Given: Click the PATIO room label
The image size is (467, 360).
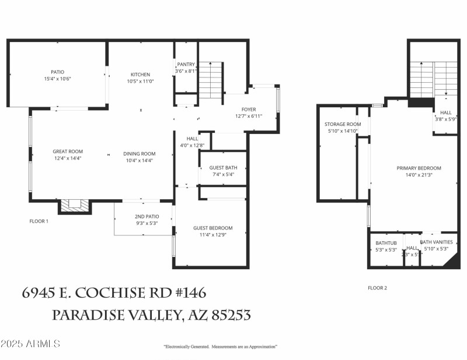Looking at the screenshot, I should [x=57, y=72].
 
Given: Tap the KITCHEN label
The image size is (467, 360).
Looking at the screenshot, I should [x=140, y=75].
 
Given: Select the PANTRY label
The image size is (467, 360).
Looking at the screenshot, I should [x=186, y=64].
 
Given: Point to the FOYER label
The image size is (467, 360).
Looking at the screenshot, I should [x=249, y=110].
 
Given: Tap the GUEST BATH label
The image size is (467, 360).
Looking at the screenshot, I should [x=223, y=168].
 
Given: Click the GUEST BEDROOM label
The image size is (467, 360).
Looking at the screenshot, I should [x=213, y=228].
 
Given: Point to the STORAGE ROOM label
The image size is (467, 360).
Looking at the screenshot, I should [x=343, y=124].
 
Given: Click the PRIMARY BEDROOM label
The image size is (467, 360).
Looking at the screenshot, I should [x=419, y=168].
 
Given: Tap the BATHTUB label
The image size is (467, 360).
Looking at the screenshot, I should [x=386, y=243].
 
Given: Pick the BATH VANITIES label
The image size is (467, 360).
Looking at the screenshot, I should [x=436, y=242].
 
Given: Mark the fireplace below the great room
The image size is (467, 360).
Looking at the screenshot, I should [x=75, y=204].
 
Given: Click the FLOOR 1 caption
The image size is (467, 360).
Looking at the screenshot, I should [x=39, y=221].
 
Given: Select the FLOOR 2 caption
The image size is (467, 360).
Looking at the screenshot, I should [x=377, y=288].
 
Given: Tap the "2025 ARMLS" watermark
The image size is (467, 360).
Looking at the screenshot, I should [x=30, y=344].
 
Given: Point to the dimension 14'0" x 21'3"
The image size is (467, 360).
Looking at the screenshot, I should [x=419, y=175].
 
